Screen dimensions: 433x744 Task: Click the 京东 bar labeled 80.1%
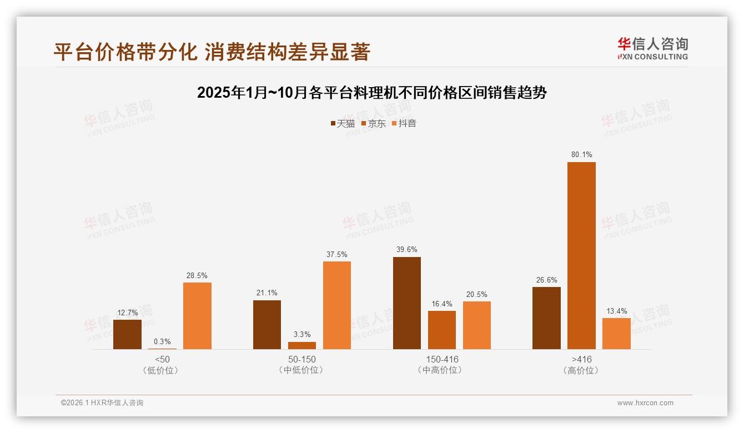581,255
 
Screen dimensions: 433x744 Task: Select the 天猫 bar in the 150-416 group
407,303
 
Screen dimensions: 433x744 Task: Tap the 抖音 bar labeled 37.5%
337,305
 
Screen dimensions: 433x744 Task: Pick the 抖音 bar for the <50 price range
197,316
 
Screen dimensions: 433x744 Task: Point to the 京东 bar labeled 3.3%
302,345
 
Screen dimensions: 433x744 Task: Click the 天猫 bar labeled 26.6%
546,318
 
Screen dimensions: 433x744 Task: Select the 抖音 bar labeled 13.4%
616,334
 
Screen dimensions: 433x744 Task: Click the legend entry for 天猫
343,123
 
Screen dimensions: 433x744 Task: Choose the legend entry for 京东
373,123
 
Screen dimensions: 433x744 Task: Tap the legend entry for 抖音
404,123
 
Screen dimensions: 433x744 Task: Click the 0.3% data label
163,342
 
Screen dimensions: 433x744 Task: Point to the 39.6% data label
407,250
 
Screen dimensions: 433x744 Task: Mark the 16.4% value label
442,304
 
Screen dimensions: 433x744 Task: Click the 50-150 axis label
302,359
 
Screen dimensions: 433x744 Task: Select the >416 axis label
581,359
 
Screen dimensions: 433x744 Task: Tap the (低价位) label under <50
163,370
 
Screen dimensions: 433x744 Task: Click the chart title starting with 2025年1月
372,93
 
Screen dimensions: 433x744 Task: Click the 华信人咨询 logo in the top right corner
652,48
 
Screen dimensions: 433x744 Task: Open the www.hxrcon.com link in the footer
645,403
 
